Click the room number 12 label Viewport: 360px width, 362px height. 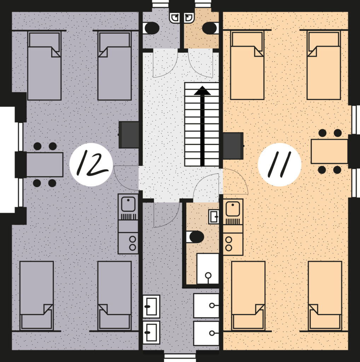91,164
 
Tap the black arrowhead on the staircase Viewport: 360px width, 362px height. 202,90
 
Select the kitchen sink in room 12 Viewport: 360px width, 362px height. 128,204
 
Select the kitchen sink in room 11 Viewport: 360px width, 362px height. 233,209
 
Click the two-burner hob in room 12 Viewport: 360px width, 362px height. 128,243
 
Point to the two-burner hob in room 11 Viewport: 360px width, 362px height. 233,244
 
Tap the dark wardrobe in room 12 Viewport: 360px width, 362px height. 129,135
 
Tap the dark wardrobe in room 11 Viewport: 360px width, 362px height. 233,146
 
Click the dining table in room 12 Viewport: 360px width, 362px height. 45,165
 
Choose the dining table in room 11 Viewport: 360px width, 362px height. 329,151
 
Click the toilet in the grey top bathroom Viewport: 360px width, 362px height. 151,28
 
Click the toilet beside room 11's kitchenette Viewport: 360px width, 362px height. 195,237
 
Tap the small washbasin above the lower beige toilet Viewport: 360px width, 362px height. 214,217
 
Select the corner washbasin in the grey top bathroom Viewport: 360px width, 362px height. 175,18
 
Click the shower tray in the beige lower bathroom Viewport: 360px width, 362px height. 208,269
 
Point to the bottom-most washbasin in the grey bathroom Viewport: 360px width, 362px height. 151,332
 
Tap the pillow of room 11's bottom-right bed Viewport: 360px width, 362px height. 325,321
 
